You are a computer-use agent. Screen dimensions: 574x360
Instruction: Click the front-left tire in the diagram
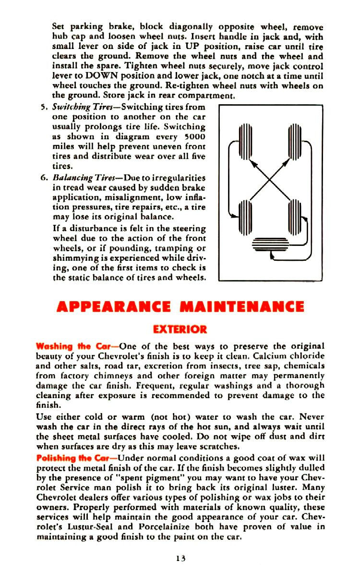[x=246, y=142]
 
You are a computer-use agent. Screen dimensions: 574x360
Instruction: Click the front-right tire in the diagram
[x=294, y=142]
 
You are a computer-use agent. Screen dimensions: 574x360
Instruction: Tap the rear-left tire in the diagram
[x=246, y=216]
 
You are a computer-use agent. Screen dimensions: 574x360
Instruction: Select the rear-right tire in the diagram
[x=294, y=216]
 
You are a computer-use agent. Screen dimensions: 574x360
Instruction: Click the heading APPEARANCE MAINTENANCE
[x=180, y=307]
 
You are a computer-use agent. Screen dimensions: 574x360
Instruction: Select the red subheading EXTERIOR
[x=180, y=330]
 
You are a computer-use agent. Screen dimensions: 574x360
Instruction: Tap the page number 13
[x=180, y=558]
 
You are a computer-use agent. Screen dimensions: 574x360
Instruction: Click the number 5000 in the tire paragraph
[x=195, y=136]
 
